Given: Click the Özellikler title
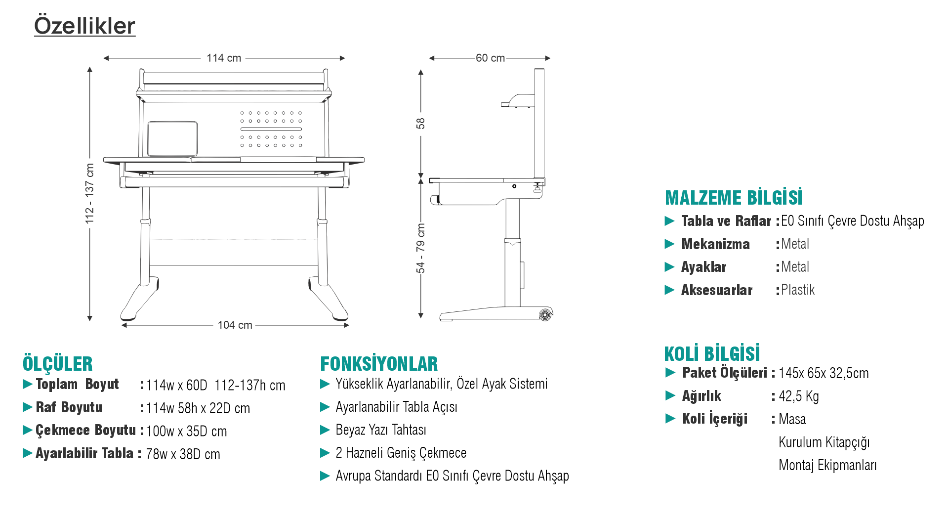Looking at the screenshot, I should coord(84,26).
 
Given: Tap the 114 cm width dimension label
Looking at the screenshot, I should coord(224,58).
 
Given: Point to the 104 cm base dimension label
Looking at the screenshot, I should coord(235,325).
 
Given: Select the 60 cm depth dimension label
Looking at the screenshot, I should coord(490,58).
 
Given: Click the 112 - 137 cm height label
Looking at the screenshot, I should coord(89,193).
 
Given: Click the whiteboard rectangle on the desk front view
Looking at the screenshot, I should coord(172,138).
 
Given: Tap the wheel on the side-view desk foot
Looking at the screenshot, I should coord(545,314).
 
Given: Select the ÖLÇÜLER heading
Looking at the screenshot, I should coord(57,364).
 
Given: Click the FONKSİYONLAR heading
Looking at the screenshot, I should coord(379,364).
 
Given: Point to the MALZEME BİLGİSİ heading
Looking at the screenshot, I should coord(734,198).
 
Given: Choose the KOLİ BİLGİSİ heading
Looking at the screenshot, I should coord(712,354).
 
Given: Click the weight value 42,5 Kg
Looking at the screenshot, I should coord(799,396).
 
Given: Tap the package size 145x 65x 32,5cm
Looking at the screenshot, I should coord(824,373).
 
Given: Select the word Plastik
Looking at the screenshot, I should coord(798,290).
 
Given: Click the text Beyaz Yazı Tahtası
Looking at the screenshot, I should coord(381,430).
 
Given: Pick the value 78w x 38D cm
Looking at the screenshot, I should coord(183,454).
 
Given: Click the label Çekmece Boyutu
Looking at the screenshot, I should coord(85,430).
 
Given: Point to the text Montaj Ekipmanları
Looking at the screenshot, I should coord(827,465).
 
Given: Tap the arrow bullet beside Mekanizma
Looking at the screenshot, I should coord(669,244).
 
